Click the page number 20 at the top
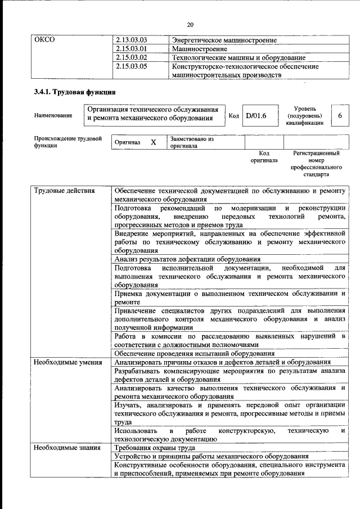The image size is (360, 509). [x=190, y=25]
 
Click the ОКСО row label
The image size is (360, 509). [x=44, y=40]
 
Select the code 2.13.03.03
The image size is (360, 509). [x=131, y=40]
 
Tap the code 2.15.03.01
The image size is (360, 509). [x=131, y=49]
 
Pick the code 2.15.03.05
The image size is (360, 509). [x=131, y=66]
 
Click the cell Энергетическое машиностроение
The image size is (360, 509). [x=216, y=40]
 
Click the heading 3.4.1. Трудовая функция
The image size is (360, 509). [x=75, y=91]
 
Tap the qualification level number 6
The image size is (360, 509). [x=340, y=115]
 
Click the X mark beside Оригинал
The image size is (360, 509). [x=153, y=142]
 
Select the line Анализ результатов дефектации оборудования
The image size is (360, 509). [x=187, y=259]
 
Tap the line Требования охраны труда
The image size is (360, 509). [x=154, y=448]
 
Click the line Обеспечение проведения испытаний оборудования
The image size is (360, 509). [x=194, y=353]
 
